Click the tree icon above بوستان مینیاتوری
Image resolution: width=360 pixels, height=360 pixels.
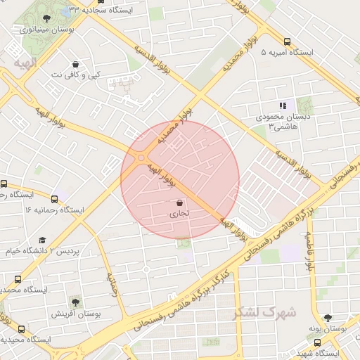[x=46, y=19]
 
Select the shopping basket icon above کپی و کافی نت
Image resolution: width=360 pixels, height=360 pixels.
[x=75, y=64]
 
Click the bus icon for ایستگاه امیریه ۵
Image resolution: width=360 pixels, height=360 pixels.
[x=287, y=41]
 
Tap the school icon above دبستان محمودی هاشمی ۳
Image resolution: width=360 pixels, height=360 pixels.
[x=283, y=105]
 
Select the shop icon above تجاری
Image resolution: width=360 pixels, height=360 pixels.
[x=180, y=203]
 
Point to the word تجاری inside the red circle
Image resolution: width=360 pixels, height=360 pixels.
[x=180, y=214]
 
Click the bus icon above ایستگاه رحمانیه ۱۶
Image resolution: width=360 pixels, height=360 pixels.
[x=54, y=199]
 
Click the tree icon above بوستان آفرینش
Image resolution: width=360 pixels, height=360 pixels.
[x=76, y=302]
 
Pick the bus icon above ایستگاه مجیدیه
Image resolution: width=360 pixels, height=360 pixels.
[x=21, y=329]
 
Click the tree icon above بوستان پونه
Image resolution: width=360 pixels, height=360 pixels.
[x=327, y=318]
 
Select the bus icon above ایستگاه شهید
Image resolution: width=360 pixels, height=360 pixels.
[x=318, y=343]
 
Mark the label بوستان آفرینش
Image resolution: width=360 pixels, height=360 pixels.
[x=76, y=313]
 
